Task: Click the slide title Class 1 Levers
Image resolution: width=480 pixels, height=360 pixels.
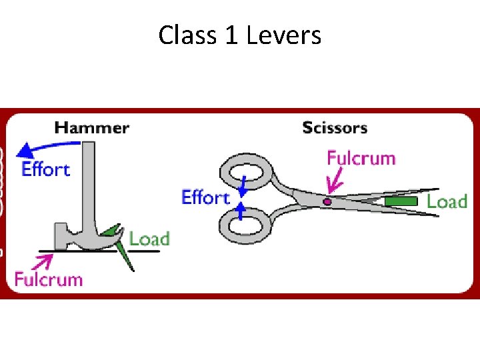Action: (x=240, y=35)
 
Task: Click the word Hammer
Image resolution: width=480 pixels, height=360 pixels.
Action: (x=92, y=127)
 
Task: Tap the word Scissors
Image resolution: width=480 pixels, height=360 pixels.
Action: (x=335, y=127)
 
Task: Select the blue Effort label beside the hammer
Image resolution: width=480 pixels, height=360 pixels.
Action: (x=46, y=169)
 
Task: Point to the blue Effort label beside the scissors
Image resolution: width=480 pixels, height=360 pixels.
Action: (x=205, y=197)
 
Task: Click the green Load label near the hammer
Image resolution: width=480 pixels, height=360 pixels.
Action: (x=149, y=239)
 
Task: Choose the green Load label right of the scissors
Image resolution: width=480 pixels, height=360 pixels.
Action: (x=447, y=201)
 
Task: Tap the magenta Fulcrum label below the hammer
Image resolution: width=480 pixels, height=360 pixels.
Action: (x=49, y=279)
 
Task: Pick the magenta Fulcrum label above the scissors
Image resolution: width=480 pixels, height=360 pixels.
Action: (x=361, y=158)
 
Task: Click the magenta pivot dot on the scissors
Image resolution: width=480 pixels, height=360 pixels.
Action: (x=327, y=201)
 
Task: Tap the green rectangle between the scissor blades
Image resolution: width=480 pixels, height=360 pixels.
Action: (x=401, y=201)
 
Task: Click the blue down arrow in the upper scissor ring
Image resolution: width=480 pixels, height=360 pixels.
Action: (x=244, y=186)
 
